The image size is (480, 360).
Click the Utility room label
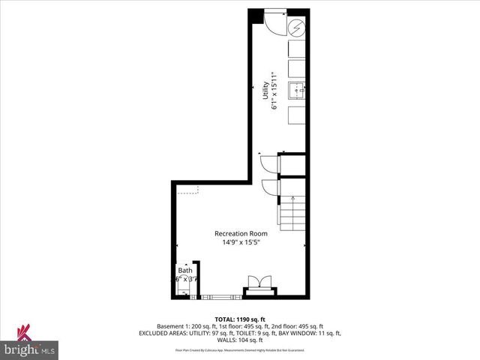265,91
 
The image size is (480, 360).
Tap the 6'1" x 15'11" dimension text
274,91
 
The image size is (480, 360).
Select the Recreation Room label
240,233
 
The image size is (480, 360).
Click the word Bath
184,270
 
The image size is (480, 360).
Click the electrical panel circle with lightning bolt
297,28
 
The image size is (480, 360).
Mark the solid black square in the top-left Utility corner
256,15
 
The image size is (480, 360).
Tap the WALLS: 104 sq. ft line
240,340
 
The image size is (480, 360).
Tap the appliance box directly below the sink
297,115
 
